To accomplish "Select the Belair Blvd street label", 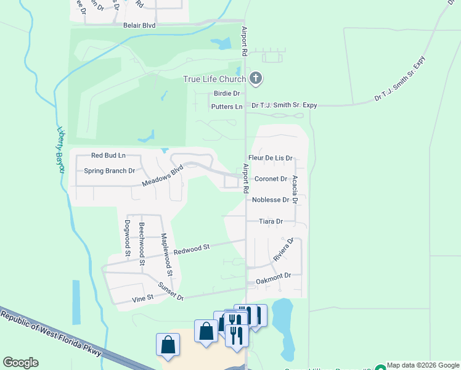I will (139, 26).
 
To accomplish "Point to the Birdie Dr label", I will (226, 94).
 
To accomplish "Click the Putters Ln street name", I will (226, 107).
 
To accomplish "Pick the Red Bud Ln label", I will (108, 156).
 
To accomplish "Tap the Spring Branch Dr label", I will (109, 171).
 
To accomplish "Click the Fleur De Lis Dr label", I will (269, 158).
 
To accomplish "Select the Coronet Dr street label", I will (271, 179).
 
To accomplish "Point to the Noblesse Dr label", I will (270, 200).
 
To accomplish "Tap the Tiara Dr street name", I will (271, 221).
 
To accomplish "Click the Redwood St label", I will (192, 249).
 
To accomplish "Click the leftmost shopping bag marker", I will (168, 345).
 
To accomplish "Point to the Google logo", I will (20, 363).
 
